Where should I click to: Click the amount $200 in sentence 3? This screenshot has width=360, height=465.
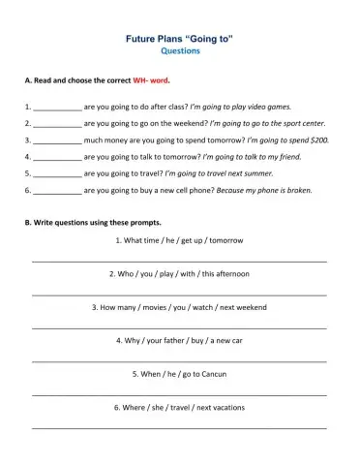tap(318, 139)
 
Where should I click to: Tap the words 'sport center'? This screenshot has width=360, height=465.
tap(300, 123)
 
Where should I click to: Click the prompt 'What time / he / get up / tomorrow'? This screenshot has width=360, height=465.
tap(180, 240)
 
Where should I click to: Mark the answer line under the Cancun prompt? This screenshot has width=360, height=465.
tap(180, 394)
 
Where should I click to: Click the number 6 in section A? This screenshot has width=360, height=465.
tap(27, 190)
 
